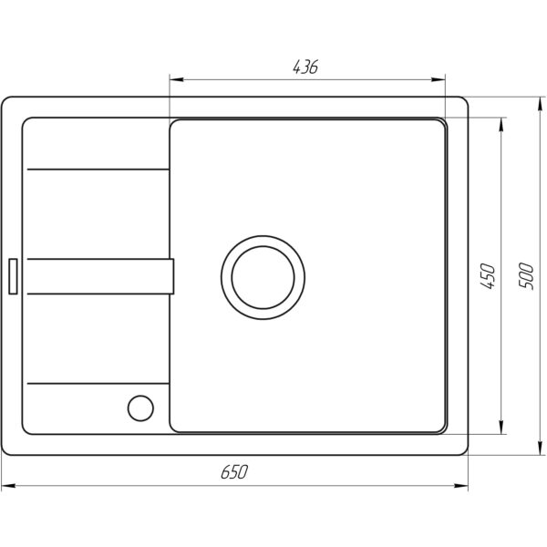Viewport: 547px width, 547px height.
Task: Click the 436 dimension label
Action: click(x=305, y=67)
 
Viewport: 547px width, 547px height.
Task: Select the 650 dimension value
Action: click(x=234, y=471)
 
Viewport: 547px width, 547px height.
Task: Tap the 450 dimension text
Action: click(x=488, y=276)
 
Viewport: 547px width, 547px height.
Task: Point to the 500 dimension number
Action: click(x=526, y=276)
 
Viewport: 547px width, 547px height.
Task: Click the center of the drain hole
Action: click(x=263, y=278)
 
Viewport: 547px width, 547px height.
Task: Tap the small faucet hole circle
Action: click(x=140, y=408)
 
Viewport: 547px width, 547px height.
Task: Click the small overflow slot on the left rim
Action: click(x=13, y=276)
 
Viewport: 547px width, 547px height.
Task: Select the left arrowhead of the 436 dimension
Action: click(x=177, y=79)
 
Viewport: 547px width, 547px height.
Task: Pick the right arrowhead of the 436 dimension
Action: click(x=439, y=79)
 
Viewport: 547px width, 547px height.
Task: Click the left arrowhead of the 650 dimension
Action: click(x=8, y=486)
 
